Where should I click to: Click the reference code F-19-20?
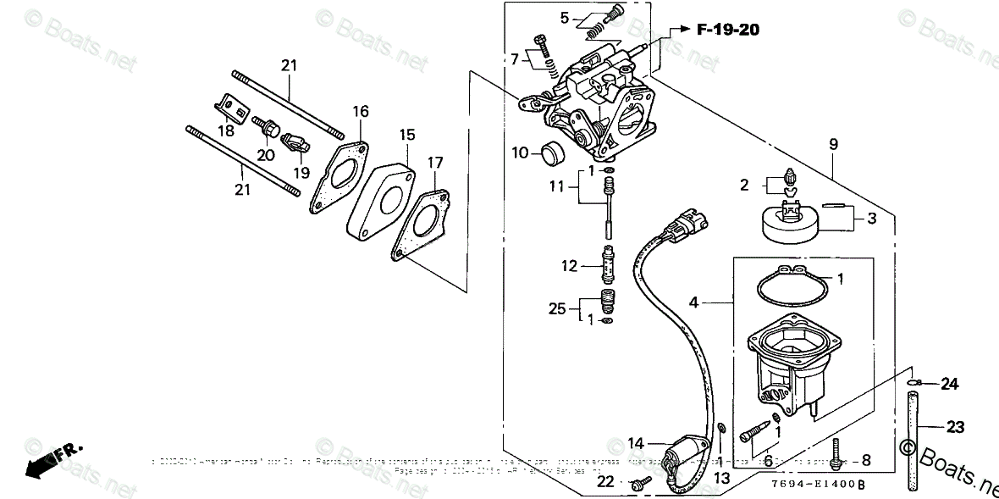pyautogui.click(x=727, y=30)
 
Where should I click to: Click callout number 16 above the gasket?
pyautogui.click(x=361, y=111)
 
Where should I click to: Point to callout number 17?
pyautogui.click(x=435, y=161)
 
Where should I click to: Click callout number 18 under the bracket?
pyautogui.click(x=225, y=130)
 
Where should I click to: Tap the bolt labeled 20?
pyautogui.click(x=269, y=129)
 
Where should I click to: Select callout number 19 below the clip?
pyautogui.click(x=301, y=172)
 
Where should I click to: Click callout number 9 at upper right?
pyautogui.click(x=833, y=145)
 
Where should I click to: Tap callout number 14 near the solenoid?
pyautogui.click(x=635, y=442)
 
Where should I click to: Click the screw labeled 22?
pyautogui.click(x=641, y=482)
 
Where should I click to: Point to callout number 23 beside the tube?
pyautogui.click(x=955, y=428)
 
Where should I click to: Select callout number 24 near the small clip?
pyautogui.click(x=950, y=385)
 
